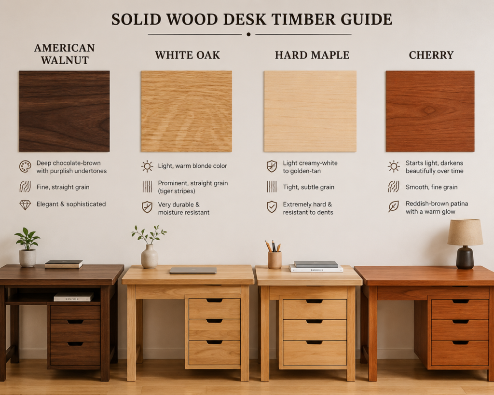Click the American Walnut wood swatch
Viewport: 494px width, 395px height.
pyautogui.click(x=64, y=111)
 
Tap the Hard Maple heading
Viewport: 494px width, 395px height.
pyautogui.click(x=312, y=55)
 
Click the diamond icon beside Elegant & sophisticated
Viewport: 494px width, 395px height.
pyautogui.click(x=25, y=205)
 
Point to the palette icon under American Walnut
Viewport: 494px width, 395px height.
pyautogui.click(x=25, y=166)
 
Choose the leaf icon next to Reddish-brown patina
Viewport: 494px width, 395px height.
pyautogui.click(x=394, y=206)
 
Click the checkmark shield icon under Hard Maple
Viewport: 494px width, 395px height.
pyautogui.click(x=272, y=207)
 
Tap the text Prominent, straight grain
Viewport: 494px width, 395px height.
pyautogui.click(x=193, y=183)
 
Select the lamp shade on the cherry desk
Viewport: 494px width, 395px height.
pyautogui.click(x=465, y=232)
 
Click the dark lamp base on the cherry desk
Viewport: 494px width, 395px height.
pyautogui.click(x=465, y=258)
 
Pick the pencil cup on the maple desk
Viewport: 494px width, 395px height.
pyautogui.click(x=274, y=260)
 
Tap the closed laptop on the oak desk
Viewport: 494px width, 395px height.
pyautogui.click(x=193, y=270)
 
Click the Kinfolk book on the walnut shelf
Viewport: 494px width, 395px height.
pyautogui.click(x=73, y=297)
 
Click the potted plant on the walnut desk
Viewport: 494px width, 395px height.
pyautogui.click(x=27, y=247)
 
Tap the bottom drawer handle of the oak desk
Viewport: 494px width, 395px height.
pyautogui.click(x=214, y=342)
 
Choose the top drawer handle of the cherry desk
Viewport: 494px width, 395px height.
pyautogui.click(x=460, y=301)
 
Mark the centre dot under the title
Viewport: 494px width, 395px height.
pyautogui.click(x=248, y=34)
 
